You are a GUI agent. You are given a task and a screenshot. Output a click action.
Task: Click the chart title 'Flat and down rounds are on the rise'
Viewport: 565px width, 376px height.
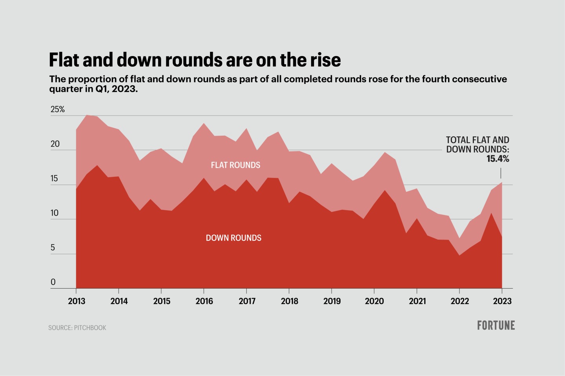coord(195,60)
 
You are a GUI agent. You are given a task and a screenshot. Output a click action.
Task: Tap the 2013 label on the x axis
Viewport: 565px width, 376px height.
coord(76,301)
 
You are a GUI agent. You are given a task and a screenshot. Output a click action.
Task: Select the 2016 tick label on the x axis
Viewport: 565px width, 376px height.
coord(204,301)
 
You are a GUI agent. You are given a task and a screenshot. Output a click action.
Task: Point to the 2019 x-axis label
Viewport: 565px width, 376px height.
coord(332,301)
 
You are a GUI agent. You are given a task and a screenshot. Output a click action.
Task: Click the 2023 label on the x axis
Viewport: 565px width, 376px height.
coord(502,301)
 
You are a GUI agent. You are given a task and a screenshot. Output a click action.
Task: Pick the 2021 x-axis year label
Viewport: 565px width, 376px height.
coord(417,301)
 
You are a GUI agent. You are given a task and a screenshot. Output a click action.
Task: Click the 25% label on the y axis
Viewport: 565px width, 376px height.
coord(57,109)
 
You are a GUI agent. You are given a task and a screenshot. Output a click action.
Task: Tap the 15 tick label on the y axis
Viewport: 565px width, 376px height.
coord(54,179)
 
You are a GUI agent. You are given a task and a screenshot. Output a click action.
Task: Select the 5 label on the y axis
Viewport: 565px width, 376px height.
coord(53,248)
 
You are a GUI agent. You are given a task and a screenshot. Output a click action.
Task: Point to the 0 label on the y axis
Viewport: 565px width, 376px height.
coord(53,282)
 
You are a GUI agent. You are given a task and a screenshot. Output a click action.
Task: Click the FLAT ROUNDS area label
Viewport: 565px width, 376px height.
coord(235,165)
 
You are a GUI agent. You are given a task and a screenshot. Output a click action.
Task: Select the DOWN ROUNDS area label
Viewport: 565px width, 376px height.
coord(233,238)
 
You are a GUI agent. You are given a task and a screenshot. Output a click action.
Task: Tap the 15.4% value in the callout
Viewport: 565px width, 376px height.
coord(498,159)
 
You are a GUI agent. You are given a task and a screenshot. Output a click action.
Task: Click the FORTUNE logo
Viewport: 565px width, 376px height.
coord(496,325)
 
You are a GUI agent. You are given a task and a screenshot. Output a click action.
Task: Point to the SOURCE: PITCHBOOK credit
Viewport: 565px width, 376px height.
coord(77,328)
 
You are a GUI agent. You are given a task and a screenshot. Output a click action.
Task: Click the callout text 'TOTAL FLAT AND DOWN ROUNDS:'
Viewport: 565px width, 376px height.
coord(478,145)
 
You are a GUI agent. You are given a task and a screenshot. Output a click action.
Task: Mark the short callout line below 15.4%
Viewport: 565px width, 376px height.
coord(501,173)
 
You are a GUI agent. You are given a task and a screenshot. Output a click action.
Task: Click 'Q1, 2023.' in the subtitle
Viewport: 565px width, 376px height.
coord(117,89)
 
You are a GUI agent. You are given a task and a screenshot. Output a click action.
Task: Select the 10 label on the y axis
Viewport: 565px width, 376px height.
coord(54,213)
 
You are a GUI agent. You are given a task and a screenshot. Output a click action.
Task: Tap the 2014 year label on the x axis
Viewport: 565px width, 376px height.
coord(119,301)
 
